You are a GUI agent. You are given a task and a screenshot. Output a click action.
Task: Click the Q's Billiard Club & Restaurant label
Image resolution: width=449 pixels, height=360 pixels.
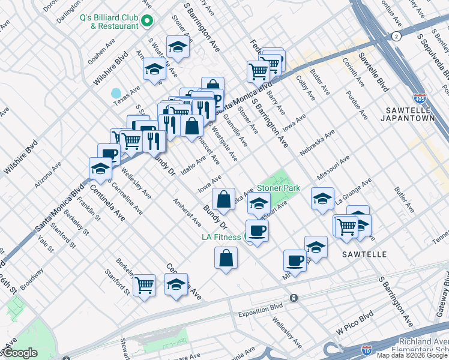[109, 22]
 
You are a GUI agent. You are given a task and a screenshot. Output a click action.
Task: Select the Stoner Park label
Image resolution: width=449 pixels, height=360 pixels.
[279, 188]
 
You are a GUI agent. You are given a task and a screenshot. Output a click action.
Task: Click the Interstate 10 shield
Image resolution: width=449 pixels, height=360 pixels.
[367, 349]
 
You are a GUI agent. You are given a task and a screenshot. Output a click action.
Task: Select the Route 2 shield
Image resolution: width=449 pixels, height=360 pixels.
[396, 37]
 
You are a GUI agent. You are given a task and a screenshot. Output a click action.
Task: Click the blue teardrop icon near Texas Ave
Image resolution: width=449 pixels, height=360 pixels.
[116, 94]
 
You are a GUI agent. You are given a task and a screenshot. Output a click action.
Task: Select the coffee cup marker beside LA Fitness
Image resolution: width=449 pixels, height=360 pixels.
[258, 231]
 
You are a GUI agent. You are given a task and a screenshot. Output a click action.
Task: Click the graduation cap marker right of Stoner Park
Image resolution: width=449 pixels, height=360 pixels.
[322, 199]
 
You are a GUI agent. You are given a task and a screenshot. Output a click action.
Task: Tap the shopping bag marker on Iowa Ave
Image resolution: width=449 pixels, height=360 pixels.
[223, 200]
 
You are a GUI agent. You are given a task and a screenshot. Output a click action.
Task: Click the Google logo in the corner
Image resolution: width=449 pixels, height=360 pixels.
[19, 353]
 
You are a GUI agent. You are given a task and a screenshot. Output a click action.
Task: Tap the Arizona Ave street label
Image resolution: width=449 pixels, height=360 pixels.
[47, 173]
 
